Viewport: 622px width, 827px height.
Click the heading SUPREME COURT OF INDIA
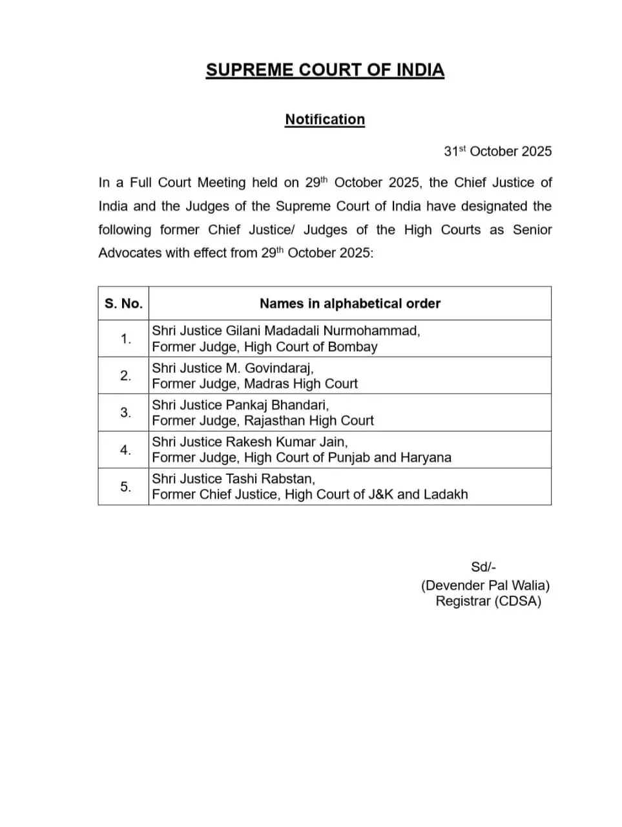click(x=325, y=70)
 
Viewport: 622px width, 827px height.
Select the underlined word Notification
click(x=325, y=120)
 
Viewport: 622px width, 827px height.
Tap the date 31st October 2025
click(x=497, y=151)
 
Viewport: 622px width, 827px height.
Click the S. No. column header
click(x=123, y=304)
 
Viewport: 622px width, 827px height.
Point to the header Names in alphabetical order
click(x=349, y=304)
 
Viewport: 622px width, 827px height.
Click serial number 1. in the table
click(x=125, y=339)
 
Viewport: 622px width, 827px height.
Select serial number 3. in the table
click(x=125, y=412)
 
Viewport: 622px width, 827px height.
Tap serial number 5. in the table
click(x=125, y=487)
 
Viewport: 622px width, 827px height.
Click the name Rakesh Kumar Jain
click(x=286, y=442)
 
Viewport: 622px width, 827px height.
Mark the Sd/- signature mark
click(x=483, y=567)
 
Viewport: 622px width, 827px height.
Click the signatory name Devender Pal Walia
click(x=485, y=585)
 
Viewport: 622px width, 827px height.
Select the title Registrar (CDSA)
click(x=488, y=602)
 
